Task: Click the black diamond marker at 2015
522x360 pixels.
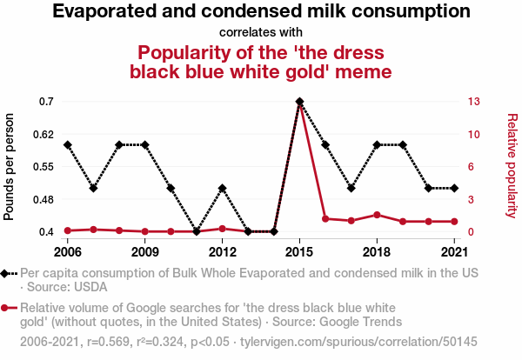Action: (x=299, y=102)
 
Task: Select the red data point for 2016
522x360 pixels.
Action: (x=325, y=218)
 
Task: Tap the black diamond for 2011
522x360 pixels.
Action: (x=197, y=231)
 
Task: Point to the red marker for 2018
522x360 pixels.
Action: (x=377, y=215)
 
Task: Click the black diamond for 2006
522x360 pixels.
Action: (x=67, y=144)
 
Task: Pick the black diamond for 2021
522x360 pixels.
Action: (x=454, y=188)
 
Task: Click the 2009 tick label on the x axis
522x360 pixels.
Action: (x=144, y=252)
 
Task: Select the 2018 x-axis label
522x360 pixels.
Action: (x=377, y=252)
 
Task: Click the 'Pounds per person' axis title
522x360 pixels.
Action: (x=10, y=166)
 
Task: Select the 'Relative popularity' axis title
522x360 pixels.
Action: (x=512, y=166)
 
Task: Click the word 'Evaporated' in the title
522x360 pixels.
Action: (x=104, y=12)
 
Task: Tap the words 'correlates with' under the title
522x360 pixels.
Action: (x=261, y=33)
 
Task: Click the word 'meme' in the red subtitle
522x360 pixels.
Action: (x=363, y=70)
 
